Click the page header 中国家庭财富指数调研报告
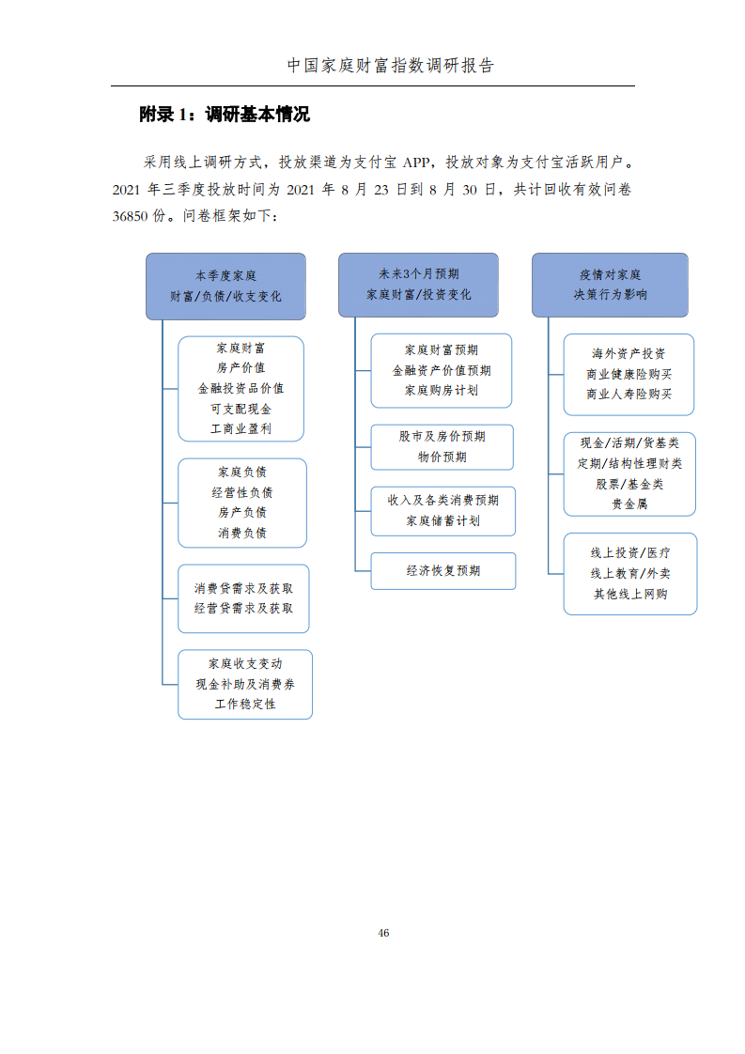click(391, 65)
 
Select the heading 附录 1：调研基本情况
click(225, 115)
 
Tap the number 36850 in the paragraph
click(130, 216)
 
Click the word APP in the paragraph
click(416, 162)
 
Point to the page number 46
click(383, 933)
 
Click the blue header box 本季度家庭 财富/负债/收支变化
click(225, 286)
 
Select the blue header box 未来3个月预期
click(418, 285)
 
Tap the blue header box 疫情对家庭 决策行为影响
click(610, 285)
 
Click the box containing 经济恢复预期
click(443, 571)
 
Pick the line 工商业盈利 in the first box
click(241, 429)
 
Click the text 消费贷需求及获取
click(243, 588)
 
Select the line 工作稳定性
click(245, 704)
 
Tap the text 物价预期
click(442, 457)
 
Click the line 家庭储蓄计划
click(443, 521)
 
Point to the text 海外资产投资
click(629, 353)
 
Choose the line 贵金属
click(629, 504)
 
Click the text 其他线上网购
click(630, 595)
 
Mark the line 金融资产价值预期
click(442, 370)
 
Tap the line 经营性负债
click(242, 493)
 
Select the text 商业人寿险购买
click(629, 394)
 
